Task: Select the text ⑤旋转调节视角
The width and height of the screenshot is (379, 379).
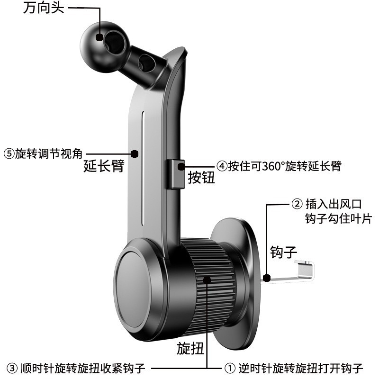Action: pyautogui.click(x=43, y=154)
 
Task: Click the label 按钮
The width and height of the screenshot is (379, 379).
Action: pyautogui.click(x=201, y=178)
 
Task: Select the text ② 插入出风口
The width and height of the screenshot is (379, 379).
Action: pyautogui.click(x=326, y=205)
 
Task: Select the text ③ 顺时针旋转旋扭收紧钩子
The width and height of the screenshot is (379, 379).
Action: pyautogui.click(x=76, y=368)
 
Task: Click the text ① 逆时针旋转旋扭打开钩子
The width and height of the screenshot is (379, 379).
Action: pyautogui.click(x=293, y=368)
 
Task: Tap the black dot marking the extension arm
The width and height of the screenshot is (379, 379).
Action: pyautogui.click(x=135, y=153)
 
